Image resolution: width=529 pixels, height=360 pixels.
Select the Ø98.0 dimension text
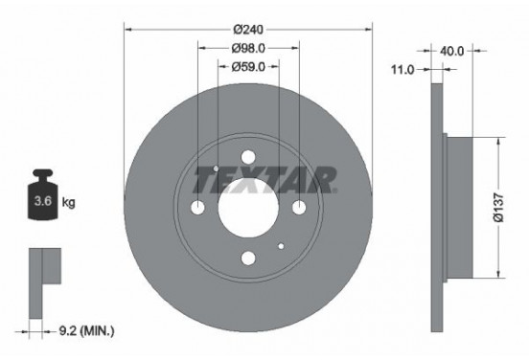(x=248, y=47)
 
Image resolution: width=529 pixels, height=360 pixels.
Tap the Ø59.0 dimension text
(x=248, y=66)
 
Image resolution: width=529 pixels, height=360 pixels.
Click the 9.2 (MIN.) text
(x=85, y=331)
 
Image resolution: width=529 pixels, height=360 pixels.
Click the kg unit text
(x=68, y=203)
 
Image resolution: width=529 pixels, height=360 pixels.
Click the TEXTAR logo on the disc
(x=265, y=178)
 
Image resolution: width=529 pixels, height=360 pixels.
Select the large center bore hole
(x=248, y=208)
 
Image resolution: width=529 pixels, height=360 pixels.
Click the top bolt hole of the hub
(x=248, y=158)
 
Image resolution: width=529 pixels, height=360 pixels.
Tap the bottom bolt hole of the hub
(x=248, y=258)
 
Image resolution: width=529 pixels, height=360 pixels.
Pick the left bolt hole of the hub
(x=198, y=208)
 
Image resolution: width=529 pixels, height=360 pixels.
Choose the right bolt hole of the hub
(x=298, y=208)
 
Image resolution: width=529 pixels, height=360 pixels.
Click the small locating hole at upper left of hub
(x=217, y=170)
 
